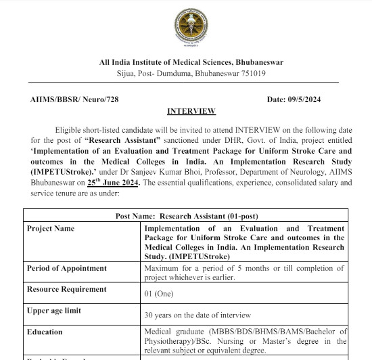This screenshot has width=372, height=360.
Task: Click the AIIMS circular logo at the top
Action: (191, 28)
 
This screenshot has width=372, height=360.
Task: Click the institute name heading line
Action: (191, 62)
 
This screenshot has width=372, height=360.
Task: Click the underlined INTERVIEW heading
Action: (191, 111)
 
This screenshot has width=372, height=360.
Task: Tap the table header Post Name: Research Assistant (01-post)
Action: (191, 216)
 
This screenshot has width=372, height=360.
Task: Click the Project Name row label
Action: (51, 229)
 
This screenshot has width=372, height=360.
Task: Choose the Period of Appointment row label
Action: (65, 268)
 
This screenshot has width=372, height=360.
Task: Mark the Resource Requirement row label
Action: (66, 289)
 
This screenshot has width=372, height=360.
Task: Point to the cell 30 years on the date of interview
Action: (197, 315)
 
